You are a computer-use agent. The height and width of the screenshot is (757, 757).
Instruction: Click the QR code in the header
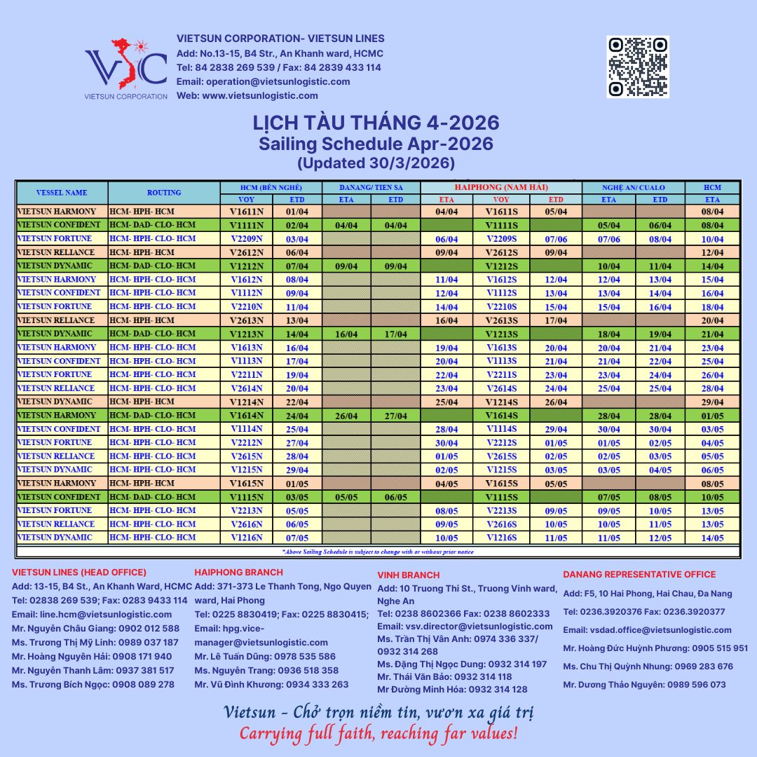tap(638, 67)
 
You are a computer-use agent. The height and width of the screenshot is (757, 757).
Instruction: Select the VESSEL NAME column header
tap(62, 192)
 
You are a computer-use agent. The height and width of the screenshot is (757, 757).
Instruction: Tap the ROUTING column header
tap(164, 192)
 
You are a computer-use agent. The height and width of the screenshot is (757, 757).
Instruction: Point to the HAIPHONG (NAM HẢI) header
tap(501, 187)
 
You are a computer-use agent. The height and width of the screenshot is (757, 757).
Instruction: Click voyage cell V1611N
tap(246, 212)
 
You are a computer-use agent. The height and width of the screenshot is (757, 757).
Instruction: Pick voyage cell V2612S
tap(501, 252)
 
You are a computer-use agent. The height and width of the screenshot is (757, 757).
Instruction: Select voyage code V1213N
tap(246, 334)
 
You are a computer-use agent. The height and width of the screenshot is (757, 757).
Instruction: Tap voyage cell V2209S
tap(501, 239)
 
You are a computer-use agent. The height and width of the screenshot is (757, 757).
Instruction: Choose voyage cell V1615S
tap(501, 484)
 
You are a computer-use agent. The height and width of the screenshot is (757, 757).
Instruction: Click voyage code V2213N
tap(246, 511)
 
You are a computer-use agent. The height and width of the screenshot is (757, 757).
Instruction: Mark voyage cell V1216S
tap(501, 538)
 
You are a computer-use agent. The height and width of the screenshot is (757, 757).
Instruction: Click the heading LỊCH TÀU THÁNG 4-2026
tap(376, 123)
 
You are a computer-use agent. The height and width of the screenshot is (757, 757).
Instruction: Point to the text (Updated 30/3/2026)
tap(376, 163)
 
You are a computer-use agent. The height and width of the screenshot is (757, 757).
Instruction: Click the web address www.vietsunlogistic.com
tap(260, 95)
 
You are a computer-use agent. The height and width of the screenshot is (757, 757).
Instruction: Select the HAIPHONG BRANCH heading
tap(239, 573)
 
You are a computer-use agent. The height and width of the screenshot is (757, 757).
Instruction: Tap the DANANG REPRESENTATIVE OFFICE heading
tap(639, 575)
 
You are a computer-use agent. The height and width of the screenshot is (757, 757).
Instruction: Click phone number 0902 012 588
tap(141, 629)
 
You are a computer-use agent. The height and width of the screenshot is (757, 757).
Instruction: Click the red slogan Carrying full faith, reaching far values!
tap(378, 734)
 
